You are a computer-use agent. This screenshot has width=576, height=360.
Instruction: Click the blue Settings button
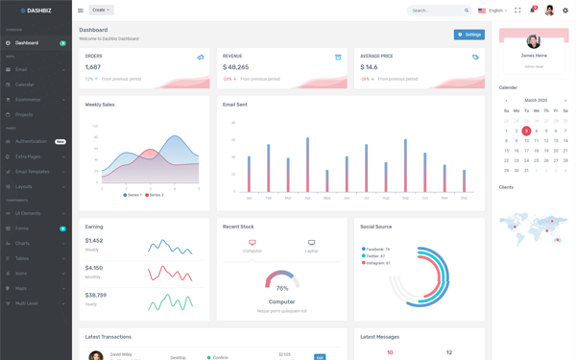[469, 35]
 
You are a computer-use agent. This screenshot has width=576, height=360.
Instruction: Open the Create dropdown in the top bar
[101, 11]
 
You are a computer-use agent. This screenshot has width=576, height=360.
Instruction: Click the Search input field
[435, 11]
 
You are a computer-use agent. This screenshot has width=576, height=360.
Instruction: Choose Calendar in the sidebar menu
[25, 84]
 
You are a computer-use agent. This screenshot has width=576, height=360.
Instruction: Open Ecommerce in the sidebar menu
[28, 100]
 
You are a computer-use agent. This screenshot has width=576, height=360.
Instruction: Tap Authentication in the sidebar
[31, 141]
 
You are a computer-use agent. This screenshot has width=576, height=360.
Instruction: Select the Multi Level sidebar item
[27, 303]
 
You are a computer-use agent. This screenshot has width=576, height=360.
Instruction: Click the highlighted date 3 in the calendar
[526, 131]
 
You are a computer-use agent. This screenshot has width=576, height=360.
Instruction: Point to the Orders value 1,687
[93, 67]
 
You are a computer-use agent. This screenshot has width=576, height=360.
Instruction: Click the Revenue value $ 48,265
[236, 67]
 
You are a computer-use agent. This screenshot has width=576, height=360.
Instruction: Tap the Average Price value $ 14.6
[369, 67]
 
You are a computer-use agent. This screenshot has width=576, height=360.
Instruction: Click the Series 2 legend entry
[154, 195]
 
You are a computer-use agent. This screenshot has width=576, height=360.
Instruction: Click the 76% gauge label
[282, 288]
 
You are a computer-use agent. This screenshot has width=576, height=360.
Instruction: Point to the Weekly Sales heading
[100, 105]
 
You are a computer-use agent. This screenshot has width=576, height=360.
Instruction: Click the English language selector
[492, 11]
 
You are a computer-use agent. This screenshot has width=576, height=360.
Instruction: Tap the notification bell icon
[533, 11]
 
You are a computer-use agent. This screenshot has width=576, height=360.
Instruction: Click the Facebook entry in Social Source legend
[375, 250]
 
